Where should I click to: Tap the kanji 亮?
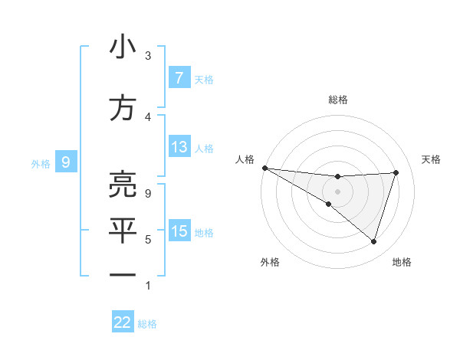tap(123, 185)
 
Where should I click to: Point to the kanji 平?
tap(123, 230)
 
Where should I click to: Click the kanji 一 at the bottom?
tap(123, 274)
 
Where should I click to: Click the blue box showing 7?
tap(179, 77)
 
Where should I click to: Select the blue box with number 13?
tap(179, 147)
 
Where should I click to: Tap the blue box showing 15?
tap(179, 231)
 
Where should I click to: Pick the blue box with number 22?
tap(123, 322)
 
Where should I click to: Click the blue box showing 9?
tap(66, 162)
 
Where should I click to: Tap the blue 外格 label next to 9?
tap(41, 162)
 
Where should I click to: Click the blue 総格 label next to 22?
tap(148, 324)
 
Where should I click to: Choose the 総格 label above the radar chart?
tap(337, 100)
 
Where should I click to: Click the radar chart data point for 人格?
tap(264, 168)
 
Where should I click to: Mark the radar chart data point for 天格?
tap(396, 172)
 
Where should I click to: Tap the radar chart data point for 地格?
tap(373, 242)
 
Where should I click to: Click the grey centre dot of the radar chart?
tap(337, 190)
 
